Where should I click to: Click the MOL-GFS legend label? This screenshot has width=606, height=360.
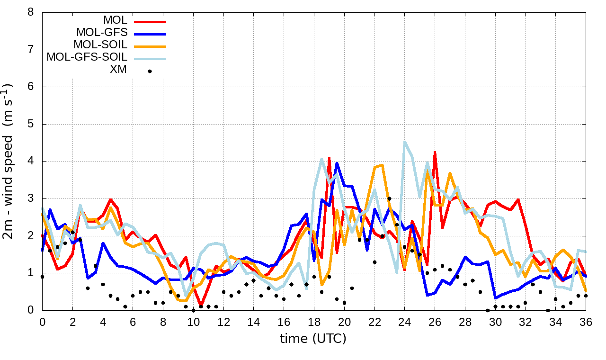(101, 33)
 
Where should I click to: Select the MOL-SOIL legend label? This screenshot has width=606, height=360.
(100, 45)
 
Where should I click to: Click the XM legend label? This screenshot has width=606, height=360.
(118, 71)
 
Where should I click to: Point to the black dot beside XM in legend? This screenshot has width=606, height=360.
(150, 71)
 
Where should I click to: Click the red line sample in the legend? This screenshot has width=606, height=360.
(150, 21)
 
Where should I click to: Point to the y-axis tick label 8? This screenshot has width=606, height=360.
(31, 12)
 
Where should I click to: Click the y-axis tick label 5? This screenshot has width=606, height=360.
(31, 124)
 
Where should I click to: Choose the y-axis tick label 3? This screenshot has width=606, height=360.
(31, 198)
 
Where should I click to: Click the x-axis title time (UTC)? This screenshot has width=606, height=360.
(313, 339)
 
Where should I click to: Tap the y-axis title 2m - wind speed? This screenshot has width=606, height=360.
(9, 161)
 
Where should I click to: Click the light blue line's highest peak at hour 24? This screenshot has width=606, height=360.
(405, 141)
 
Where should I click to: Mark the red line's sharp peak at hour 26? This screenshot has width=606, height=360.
(435, 152)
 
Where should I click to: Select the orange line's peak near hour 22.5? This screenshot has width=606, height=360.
(382, 165)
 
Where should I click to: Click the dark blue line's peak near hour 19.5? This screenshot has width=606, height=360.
(337, 163)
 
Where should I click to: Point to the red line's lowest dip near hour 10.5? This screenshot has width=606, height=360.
(201, 306)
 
